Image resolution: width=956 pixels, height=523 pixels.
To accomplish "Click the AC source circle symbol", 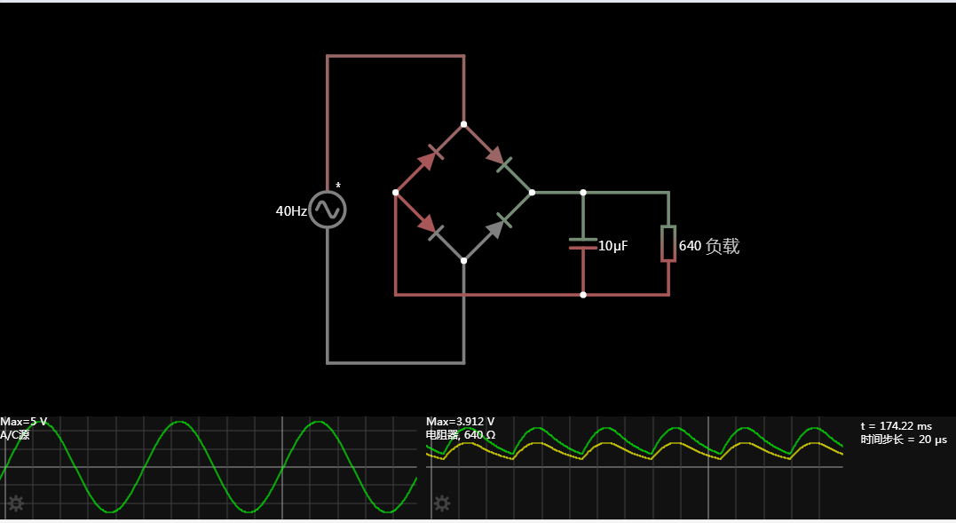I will point(328,210).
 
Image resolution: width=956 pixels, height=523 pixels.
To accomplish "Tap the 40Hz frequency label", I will point(291,211).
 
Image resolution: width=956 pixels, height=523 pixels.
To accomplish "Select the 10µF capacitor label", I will point(612,246).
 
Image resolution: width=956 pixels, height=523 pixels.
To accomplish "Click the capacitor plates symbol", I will point(582,244).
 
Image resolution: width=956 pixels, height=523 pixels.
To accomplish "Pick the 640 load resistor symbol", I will point(668,243).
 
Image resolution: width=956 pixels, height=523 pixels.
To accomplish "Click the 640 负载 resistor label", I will point(708,246).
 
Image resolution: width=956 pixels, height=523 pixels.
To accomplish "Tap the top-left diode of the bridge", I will point(428,159).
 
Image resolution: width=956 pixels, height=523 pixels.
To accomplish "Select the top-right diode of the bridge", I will point(498,159).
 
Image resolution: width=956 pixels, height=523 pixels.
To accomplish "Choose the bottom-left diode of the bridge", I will point(428,226).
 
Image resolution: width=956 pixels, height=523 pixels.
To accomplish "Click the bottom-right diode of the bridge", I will point(498,226).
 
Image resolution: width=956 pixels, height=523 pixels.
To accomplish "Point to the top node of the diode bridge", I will point(463,124).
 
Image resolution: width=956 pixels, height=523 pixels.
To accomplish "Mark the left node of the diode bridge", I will point(395,192).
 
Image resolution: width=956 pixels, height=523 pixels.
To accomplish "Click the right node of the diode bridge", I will point(532,192).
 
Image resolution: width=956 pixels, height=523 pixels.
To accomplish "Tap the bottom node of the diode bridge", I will point(463,260).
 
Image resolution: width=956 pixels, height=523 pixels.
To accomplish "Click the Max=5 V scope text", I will point(24,422).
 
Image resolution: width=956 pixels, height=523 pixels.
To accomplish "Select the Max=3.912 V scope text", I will point(460,422).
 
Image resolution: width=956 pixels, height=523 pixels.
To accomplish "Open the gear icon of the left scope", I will point(15,504).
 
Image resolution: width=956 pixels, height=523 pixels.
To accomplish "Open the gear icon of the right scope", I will point(441,504).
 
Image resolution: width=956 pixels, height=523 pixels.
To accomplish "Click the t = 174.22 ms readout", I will point(896,426).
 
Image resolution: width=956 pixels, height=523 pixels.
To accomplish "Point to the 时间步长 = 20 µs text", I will point(904,440).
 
